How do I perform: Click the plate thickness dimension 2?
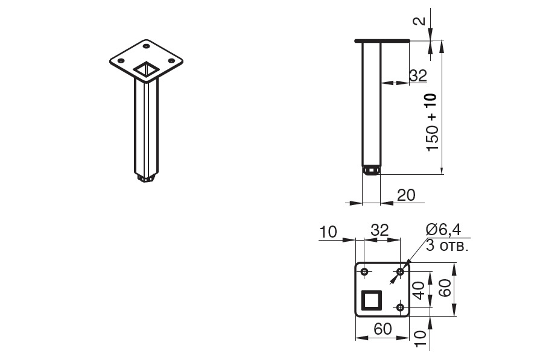419,21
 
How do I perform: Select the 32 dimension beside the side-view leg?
418,75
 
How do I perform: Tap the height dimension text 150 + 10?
432,122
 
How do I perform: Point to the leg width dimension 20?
406,195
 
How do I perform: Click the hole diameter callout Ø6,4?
443,230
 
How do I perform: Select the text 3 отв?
447,245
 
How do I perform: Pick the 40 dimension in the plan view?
419,290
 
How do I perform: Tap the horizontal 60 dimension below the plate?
383,329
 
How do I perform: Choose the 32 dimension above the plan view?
380,230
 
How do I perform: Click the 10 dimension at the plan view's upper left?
328,232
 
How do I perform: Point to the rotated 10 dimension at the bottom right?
419,339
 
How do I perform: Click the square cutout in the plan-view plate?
372,300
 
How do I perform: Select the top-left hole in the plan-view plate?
364,271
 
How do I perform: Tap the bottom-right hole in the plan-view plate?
401,307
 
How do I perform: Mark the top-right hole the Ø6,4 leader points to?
401,272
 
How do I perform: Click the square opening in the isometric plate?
147,69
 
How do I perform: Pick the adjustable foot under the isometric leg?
146,178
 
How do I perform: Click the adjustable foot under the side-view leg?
371,170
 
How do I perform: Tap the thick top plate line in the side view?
383,41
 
